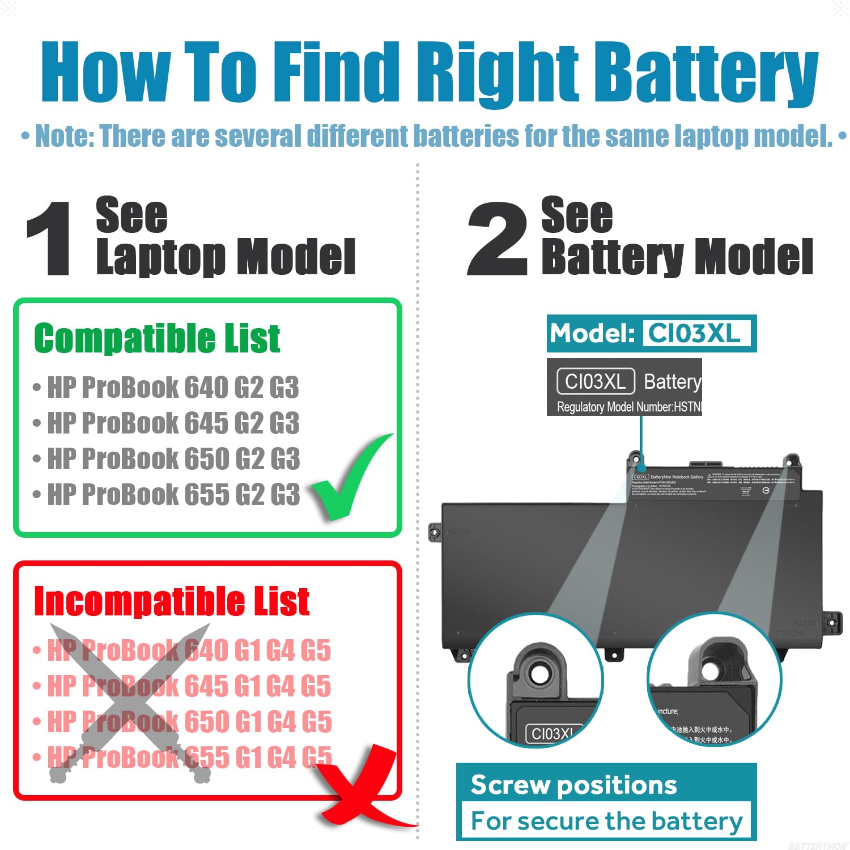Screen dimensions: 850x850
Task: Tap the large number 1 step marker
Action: point(50,239)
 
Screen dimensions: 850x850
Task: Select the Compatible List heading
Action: point(157,338)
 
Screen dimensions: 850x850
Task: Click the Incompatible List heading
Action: point(171,601)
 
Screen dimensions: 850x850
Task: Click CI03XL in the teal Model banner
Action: point(695,333)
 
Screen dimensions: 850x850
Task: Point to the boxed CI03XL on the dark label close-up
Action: point(595,382)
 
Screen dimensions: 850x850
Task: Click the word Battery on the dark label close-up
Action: point(673,382)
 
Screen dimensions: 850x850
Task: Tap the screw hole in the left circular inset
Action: point(538,673)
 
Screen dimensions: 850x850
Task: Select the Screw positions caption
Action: point(573,785)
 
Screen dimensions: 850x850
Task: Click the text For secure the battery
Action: point(606,821)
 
